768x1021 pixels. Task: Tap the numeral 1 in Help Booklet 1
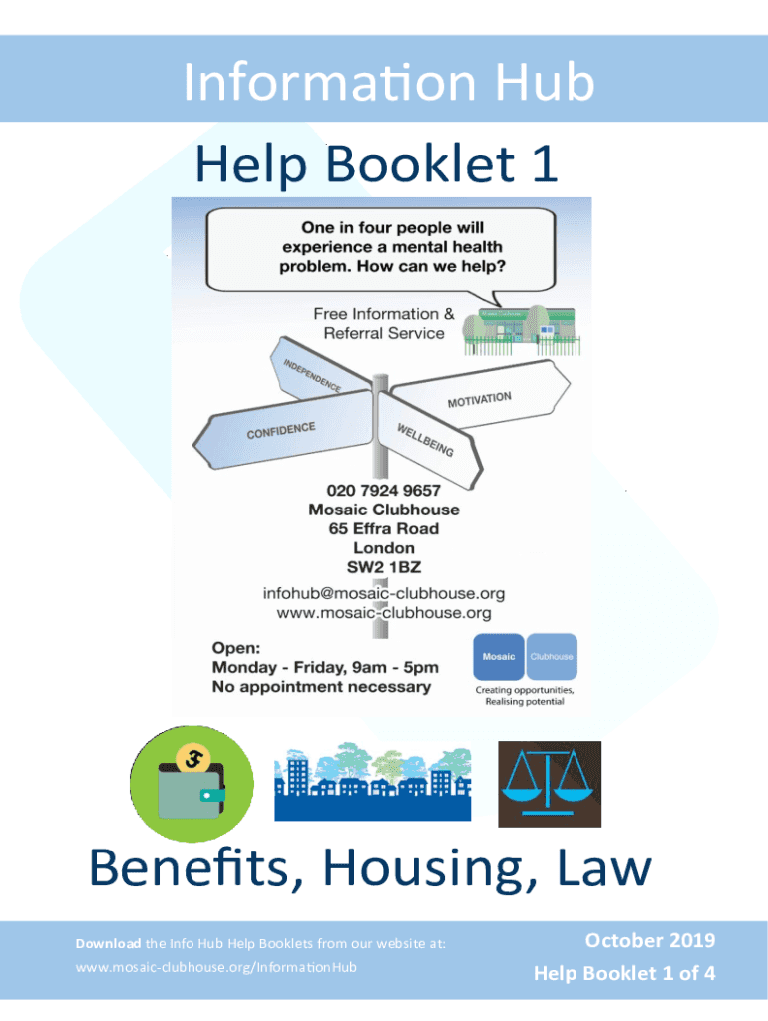pyautogui.click(x=543, y=165)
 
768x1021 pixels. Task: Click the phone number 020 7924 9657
pyautogui.click(x=384, y=491)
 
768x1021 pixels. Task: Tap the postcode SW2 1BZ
pyautogui.click(x=384, y=566)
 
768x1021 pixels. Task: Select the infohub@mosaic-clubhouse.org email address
pyautogui.click(x=384, y=592)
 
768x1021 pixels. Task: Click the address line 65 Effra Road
pyautogui.click(x=384, y=528)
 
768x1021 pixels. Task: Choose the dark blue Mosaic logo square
pyautogui.click(x=499, y=657)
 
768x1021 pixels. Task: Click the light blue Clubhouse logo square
pyautogui.click(x=551, y=657)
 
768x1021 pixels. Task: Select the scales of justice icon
pyautogui.click(x=549, y=784)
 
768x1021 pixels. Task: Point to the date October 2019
pyautogui.click(x=649, y=940)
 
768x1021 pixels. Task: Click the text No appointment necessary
pyautogui.click(x=322, y=687)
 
